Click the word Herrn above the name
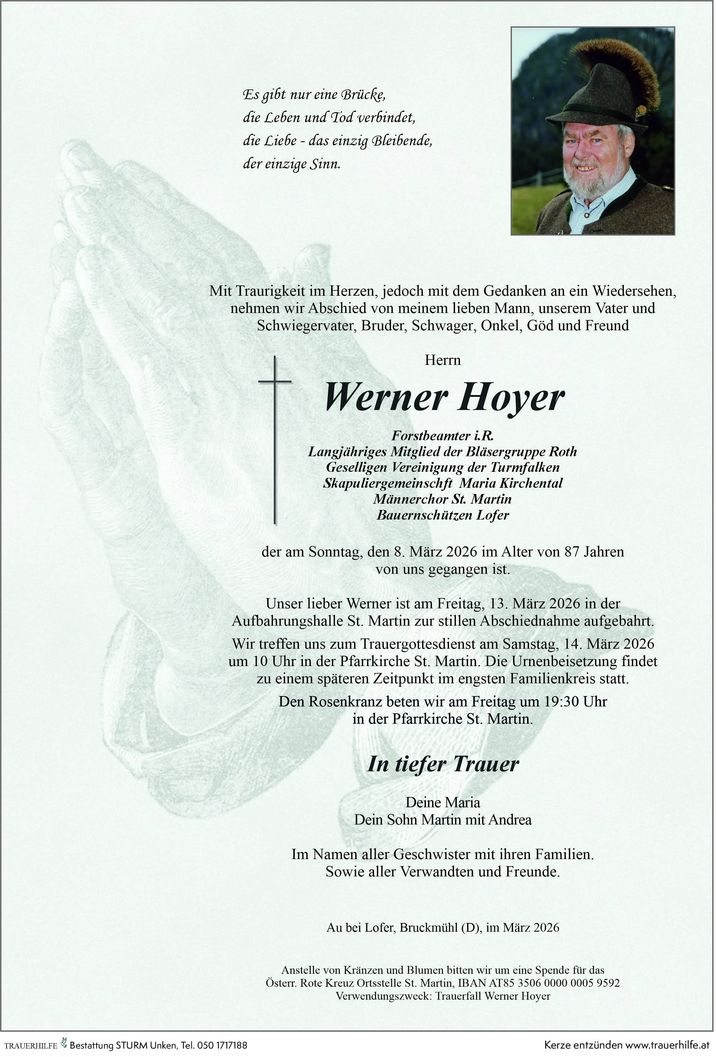tap(442, 360)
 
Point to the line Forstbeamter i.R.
tap(442, 436)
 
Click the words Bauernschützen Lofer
tap(442, 515)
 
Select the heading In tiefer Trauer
tap(442, 764)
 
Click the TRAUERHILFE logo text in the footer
tap(31, 1046)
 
